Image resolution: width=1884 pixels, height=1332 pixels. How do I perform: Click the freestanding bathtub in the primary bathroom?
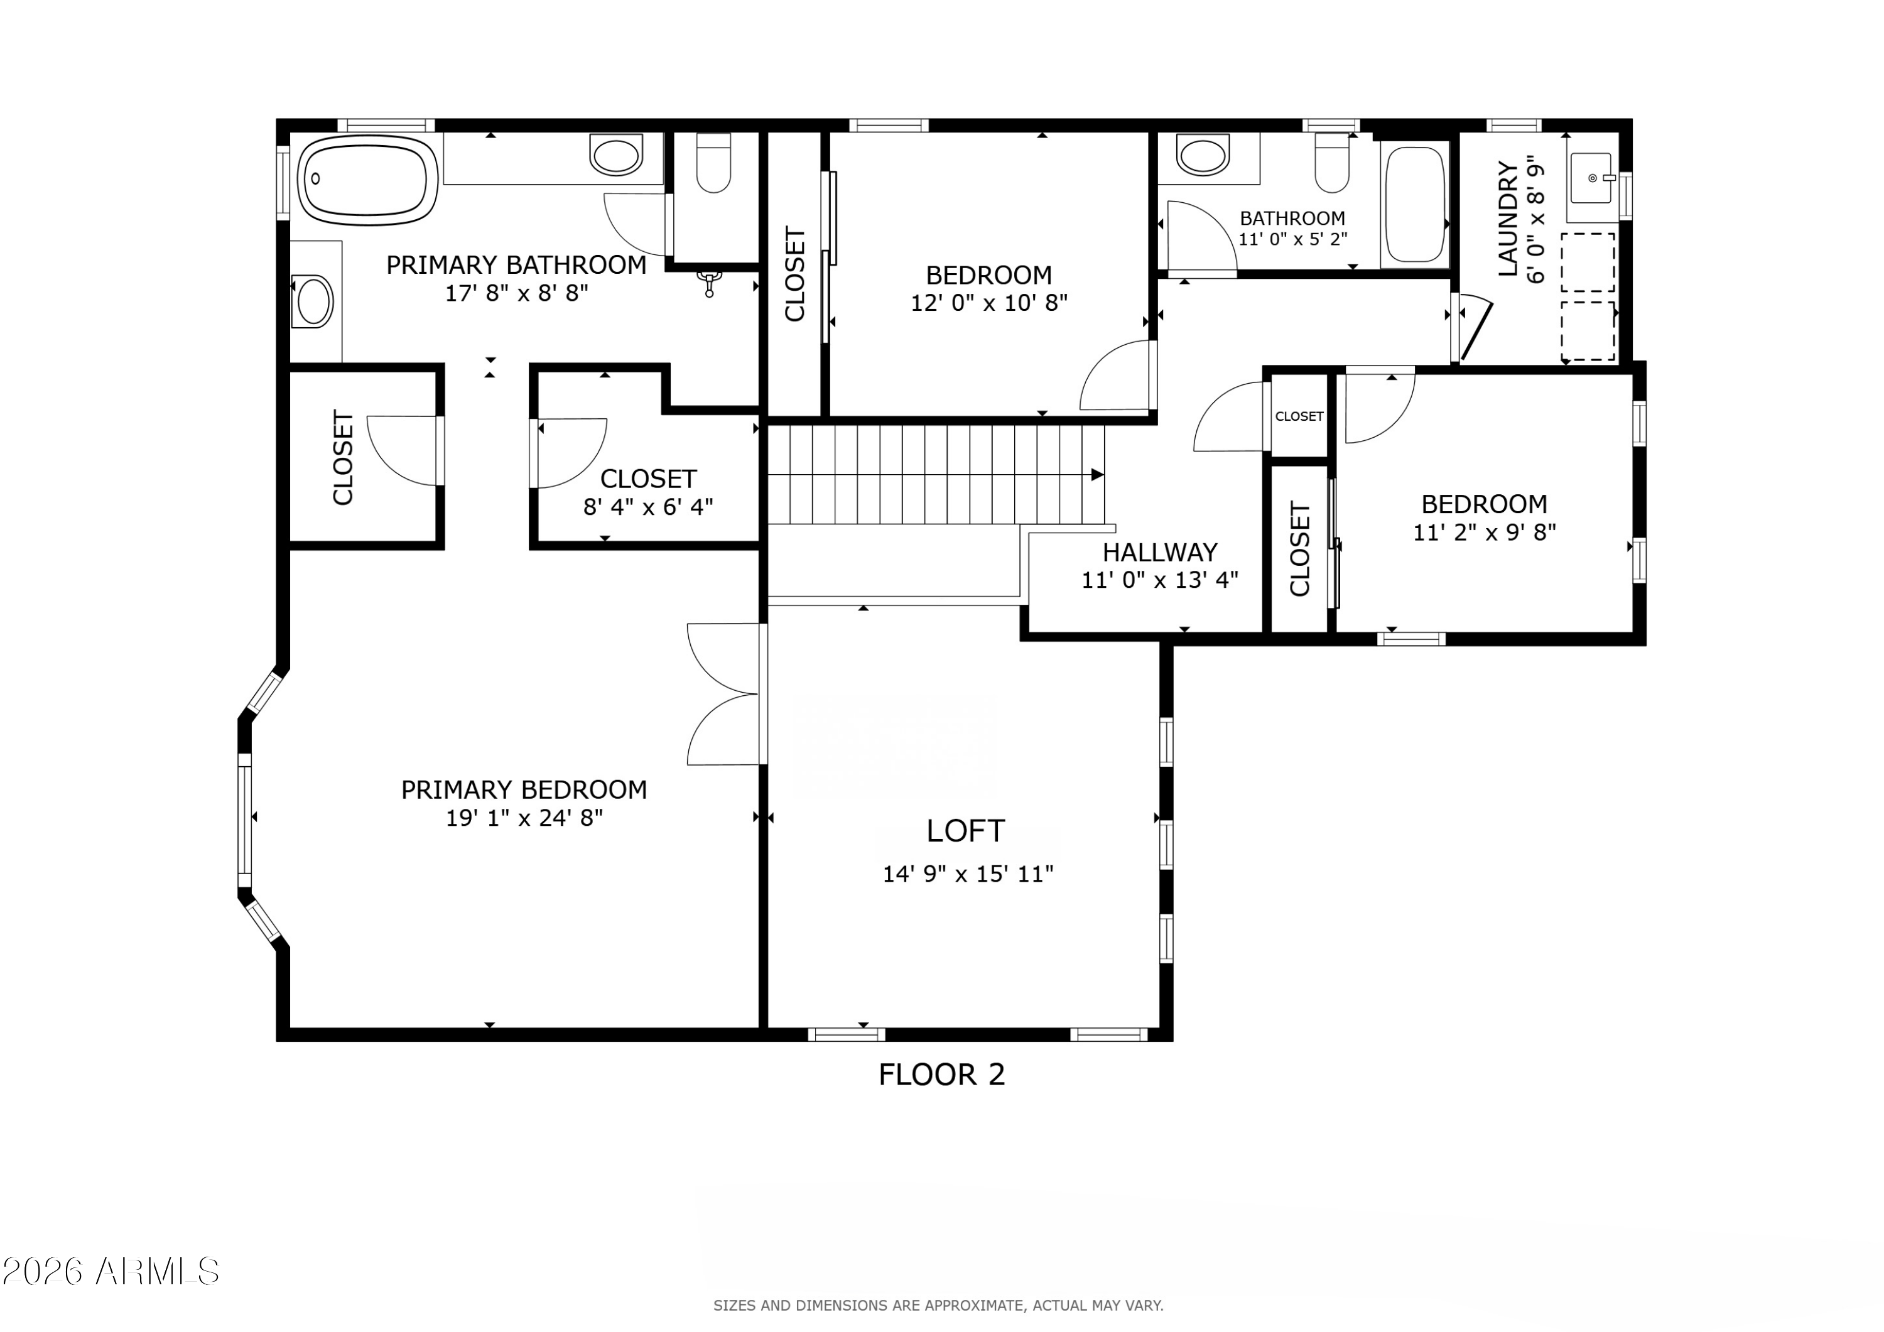[367, 181]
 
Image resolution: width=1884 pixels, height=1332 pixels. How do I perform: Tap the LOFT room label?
[965, 831]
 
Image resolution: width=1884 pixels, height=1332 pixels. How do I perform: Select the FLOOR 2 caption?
[941, 1075]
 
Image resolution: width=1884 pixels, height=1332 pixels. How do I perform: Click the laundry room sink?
[1593, 178]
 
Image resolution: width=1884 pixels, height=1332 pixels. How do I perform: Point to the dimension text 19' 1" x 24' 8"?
[524, 818]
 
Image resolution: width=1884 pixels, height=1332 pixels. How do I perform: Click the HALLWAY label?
[1159, 553]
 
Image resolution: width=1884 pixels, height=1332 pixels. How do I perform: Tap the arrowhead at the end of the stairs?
[1097, 474]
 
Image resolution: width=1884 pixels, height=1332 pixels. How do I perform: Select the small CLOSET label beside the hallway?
[1299, 417]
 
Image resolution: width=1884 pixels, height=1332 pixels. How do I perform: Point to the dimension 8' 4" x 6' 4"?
[648, 507]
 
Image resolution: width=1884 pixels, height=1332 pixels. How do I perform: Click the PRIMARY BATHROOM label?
[516, 265]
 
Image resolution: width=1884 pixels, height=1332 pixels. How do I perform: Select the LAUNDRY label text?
[1508, 219]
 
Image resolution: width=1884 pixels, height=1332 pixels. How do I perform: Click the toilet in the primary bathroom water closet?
[713, 163]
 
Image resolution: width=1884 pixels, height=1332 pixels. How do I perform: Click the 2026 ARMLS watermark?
[111, 1271]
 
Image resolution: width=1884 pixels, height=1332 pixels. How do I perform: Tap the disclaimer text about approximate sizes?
[938, 1305]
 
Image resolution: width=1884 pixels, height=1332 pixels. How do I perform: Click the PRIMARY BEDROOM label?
[524, 789]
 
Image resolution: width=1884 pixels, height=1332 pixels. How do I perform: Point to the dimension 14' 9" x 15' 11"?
[968, 874]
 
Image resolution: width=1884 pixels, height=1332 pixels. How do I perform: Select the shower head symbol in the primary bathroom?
[710, 283]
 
